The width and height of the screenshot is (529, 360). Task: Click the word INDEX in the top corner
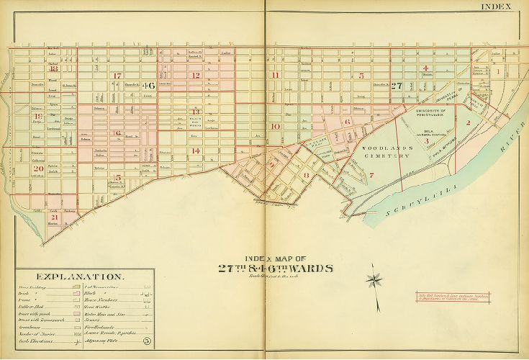497,7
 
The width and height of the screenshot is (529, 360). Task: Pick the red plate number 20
37,168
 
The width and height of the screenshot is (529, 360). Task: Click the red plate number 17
117,76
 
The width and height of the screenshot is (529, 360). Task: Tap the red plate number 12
194,75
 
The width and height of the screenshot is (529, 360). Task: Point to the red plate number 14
196,150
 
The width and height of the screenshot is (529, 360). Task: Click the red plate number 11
273,75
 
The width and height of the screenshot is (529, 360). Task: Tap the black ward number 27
397,85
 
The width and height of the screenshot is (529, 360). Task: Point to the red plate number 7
371,175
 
